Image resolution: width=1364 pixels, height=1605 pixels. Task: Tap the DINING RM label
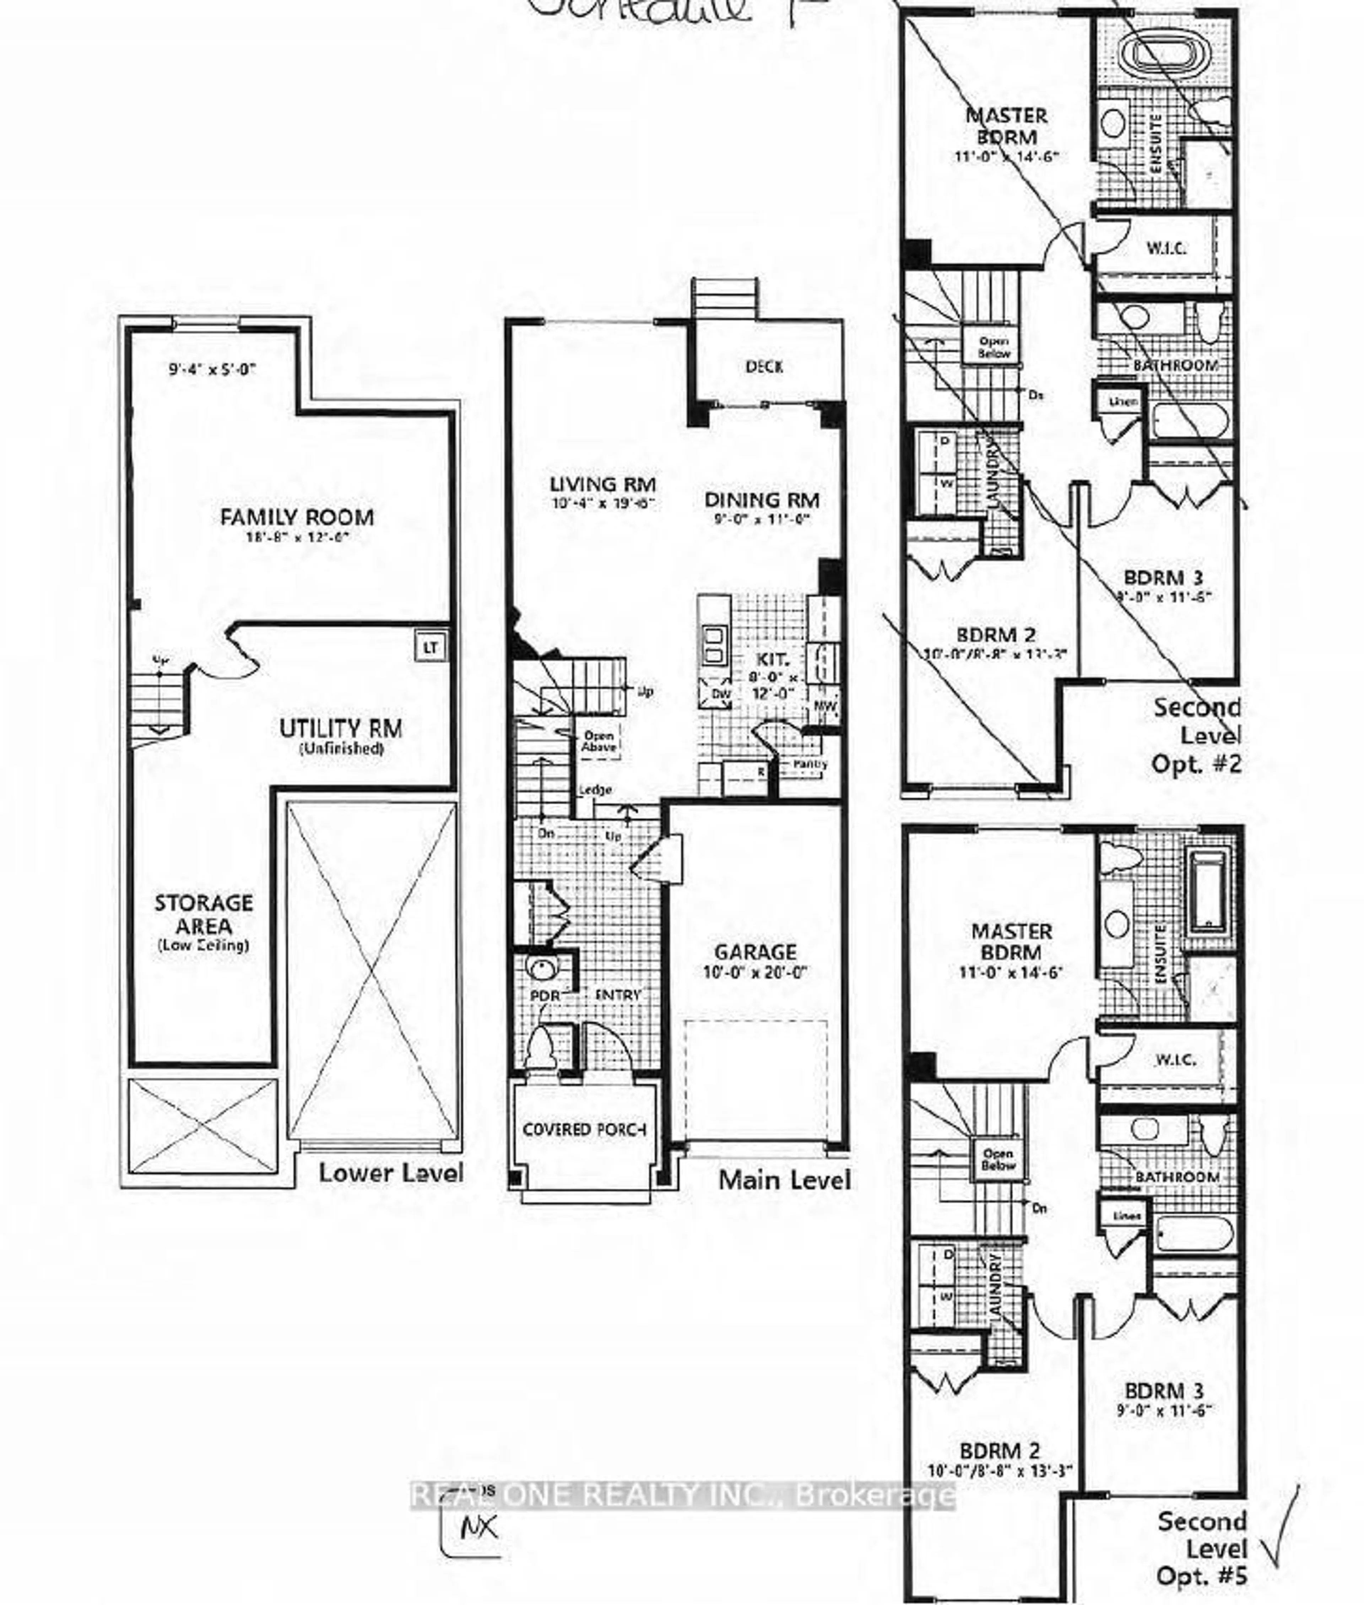pyautogui.click(x=762, y=500)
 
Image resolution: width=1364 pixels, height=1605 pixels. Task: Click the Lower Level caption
pyautogui.click(x=390, y=1173)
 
